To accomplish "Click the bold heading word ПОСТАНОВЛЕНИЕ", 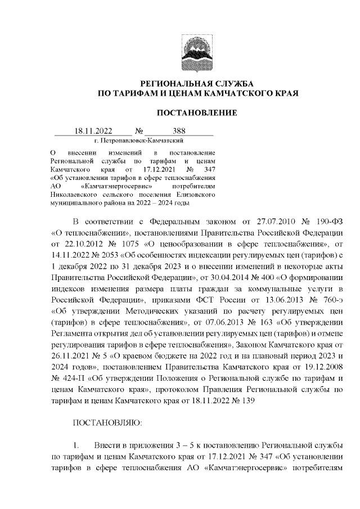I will [196, 112].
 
